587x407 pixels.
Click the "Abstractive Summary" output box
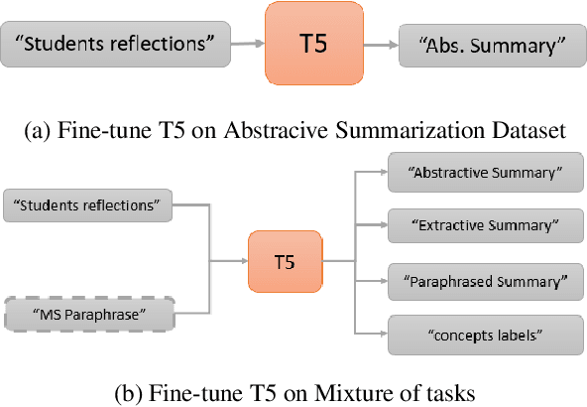point(483,172)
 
